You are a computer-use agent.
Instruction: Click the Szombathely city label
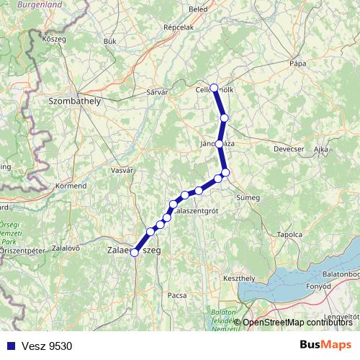(74, 102)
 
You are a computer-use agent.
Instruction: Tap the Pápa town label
(298, 63)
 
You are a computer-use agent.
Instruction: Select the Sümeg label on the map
(248, 196)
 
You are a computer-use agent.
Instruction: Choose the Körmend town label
(71, 185)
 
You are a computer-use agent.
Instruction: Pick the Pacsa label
(176, 295)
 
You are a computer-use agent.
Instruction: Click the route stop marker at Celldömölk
(214, 88)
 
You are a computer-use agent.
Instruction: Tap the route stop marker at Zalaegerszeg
(134, 252)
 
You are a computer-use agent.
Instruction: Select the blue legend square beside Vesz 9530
(8, 345)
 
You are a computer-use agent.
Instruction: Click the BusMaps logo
(325, 344)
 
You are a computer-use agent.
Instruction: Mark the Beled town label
(198, 9)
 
